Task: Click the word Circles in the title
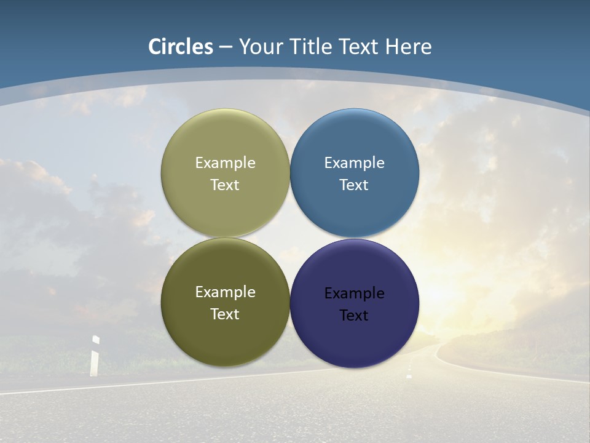tap(181, 47)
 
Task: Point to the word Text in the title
tap(360, 47)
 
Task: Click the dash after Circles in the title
tap(226, 47)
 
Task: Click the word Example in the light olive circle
tap(225, 163)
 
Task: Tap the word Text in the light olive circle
tap(225, 185)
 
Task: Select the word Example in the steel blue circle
tap(354, 163)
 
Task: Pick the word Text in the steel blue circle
tap(354, 185)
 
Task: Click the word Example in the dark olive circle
tap(225, 292)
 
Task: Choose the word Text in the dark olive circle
tap(225, 314)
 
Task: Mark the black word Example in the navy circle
tap(354, 293)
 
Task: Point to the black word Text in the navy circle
tap(354, 316)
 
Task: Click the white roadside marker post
tap(95, 357)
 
